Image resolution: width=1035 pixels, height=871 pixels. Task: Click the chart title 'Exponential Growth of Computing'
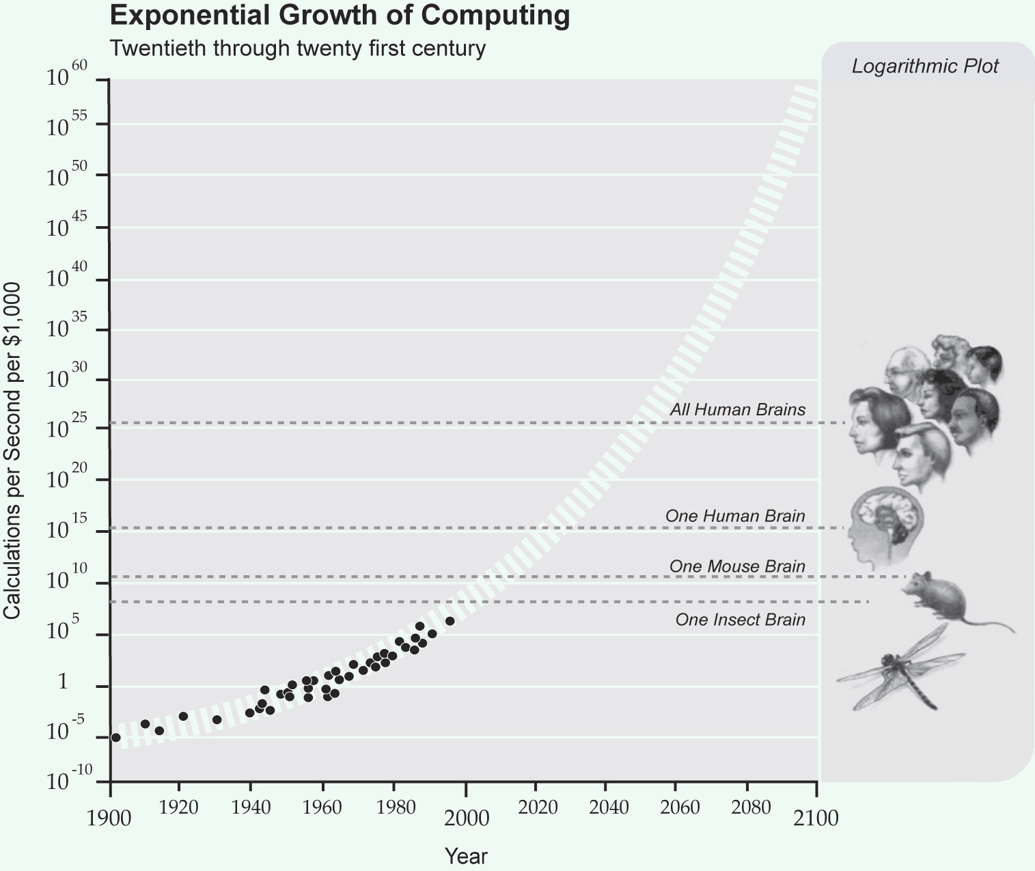(340, 15)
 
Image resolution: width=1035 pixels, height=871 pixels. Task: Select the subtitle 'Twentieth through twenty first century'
(297, 49)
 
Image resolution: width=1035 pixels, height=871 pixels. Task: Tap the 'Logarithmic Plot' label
(925, 66)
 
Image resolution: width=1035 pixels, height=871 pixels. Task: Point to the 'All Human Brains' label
(737, 410)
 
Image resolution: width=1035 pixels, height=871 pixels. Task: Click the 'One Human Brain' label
(735, 516)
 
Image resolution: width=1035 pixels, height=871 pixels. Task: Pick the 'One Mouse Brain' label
(737, 566)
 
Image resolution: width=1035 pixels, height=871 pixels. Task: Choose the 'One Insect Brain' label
(740, 620)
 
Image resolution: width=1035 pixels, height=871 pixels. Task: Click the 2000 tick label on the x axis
(466, 818)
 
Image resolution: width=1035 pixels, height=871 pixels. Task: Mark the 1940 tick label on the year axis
(251, 807)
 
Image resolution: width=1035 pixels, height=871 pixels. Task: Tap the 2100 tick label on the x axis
(816, 818)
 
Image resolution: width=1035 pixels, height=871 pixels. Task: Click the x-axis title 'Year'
(466, 856)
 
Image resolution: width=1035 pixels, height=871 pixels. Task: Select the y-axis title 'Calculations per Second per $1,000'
(12, 451)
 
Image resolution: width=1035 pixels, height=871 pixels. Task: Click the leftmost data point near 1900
(115, 737)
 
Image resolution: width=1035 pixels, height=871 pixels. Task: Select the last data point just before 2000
(450, 621)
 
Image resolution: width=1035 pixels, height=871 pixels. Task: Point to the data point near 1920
(183, 716)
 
